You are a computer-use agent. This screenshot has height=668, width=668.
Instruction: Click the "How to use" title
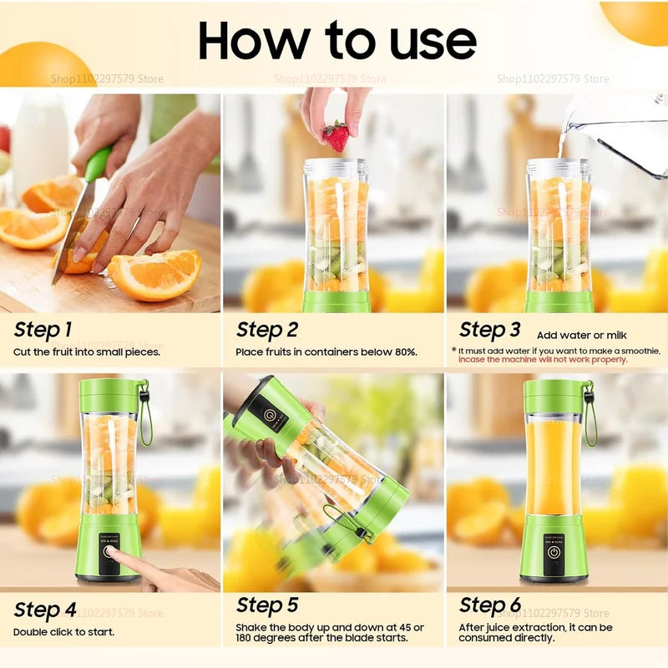click(x=337, y=39)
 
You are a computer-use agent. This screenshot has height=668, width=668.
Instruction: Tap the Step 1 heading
click(x=42, y=330)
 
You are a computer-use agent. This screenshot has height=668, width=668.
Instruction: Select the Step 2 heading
click(x=267, y=330)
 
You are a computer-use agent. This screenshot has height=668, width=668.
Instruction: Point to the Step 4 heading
click(x=45, y=609)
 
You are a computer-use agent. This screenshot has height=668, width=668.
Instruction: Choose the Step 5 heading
click(x=267, y=605)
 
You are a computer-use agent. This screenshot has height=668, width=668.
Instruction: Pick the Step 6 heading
click(x=490, y=605)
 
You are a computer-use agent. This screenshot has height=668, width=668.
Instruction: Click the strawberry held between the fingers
click(x=336, y=136)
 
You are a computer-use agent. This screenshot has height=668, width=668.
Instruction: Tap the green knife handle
click(x=98, y=164)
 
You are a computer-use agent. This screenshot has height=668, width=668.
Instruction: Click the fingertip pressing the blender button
click(x=114, y=554)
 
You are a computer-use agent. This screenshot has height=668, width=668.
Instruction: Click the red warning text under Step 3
click(x=542, y=360)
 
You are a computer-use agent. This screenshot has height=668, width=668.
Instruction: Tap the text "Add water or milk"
click(x=581, y=335)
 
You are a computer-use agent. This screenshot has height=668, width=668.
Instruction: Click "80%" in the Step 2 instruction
click(x=404, y=352)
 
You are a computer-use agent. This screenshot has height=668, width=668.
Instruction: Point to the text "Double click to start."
click(x=63, y=631)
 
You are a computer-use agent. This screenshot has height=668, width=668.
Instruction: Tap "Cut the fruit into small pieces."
click(x=87, y=352)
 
